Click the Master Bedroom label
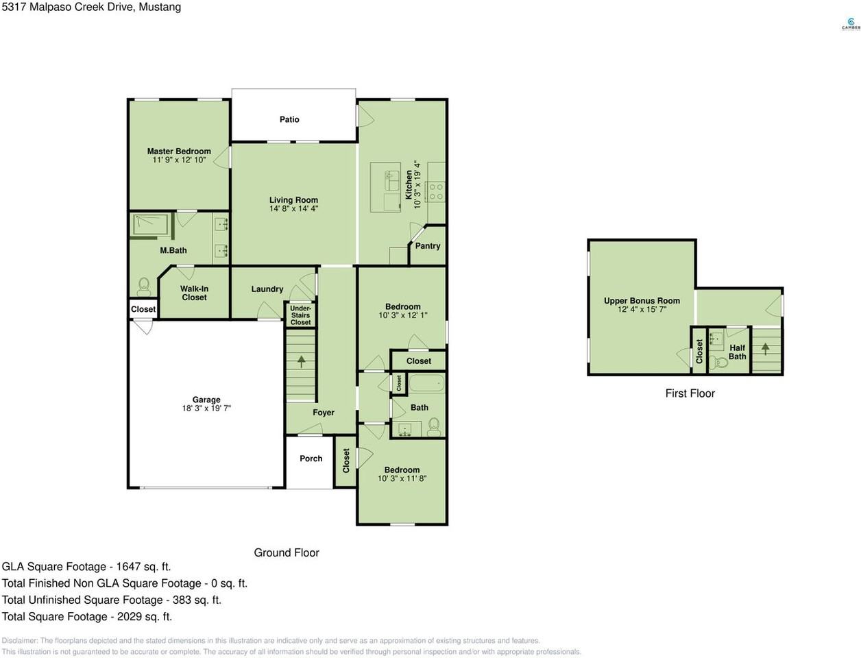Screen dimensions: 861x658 [179, 151]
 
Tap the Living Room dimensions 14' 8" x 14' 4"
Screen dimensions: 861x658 [293, 208]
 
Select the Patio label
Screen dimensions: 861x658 [289, 119]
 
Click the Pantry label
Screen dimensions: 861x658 [428, 246]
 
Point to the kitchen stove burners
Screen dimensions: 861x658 [436, 192]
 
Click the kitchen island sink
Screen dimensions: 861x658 [391, 180]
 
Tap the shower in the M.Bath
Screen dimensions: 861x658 [151, 226]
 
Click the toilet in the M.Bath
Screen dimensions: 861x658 [143, 287]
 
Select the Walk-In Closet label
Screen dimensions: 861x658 [194, 293]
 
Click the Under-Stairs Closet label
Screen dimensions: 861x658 [300, 315]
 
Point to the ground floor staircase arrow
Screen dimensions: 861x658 [301, 361]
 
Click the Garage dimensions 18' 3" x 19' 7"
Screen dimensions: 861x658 [206, 409]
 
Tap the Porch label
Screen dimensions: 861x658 [311, 459]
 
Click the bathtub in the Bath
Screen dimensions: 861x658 [427, 382]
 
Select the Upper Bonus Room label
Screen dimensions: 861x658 [642, 301]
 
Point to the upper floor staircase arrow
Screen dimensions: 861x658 [765, 349]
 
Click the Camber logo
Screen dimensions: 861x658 [851, 24]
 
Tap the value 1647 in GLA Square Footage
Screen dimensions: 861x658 [129, 567]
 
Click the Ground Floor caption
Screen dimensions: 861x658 [287, 552]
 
